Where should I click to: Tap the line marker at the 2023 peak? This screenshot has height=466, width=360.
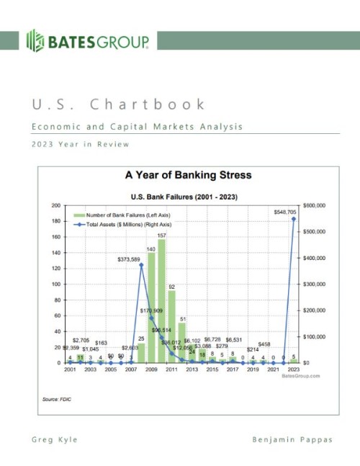294,219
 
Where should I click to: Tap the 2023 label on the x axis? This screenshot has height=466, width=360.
294,369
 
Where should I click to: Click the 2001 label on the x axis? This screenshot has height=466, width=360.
70,369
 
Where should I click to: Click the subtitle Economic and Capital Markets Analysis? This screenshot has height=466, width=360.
137,127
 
